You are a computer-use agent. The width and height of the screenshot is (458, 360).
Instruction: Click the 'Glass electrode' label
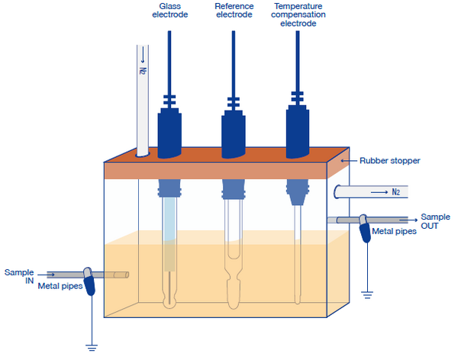pyautogui.click(x=168, y=10)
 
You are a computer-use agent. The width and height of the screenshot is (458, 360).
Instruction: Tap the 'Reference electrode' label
pyautogui.click(x=234, y=10)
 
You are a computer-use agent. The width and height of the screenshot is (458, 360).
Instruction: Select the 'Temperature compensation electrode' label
pyautogui.click(x=299, y=14)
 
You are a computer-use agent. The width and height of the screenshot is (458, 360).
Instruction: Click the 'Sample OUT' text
pyautogui.click(x=434, y=220)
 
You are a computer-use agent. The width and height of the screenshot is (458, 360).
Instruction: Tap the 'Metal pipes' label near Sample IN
pyautogui.click(x=60, y=287)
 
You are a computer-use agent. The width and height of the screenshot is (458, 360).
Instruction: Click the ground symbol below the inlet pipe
pyautogui.click(x=92, y=348)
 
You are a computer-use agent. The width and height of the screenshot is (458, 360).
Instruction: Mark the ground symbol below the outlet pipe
pyautogui.click(x=366, y=293)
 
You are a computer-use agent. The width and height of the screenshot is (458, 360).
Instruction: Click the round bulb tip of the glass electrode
pyautogui.click(x=169, y=301)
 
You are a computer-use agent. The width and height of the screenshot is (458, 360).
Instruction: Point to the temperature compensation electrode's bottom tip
pyautogui.click(x=298, y=298)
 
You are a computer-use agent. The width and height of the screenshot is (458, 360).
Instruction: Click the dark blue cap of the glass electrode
pyautogui.click(x=169, y=130)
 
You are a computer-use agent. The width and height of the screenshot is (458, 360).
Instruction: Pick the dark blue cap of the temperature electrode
pyautogui.click(x=298, y=130)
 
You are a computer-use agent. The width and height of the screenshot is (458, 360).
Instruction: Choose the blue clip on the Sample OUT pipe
pyautogui.click(x=366, y=226)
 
